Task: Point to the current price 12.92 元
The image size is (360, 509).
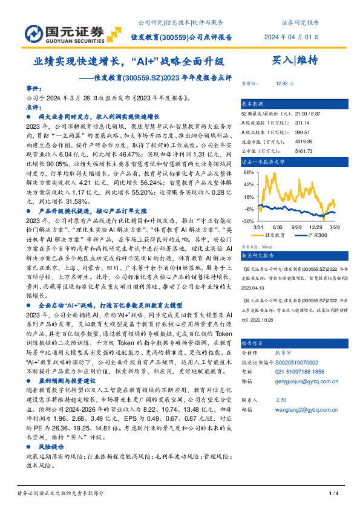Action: [x=284, y=84]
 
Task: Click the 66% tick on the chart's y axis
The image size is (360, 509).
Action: [x=248, y=172]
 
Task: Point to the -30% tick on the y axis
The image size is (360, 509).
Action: [x=248, y=221]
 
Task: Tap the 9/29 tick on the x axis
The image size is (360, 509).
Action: [x=297, y=227]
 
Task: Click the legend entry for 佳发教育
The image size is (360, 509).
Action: [x=273, y=235]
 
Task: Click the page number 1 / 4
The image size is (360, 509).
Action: [x=332, y=494]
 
